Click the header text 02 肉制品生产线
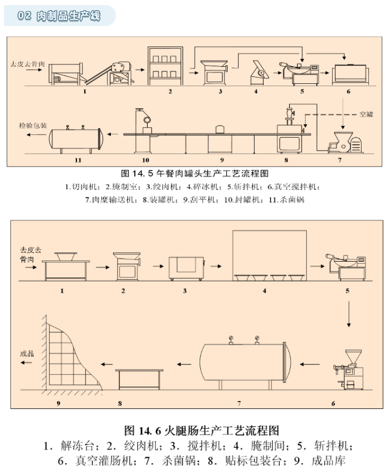click(59, 16)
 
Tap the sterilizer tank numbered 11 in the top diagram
click(76, 138)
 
